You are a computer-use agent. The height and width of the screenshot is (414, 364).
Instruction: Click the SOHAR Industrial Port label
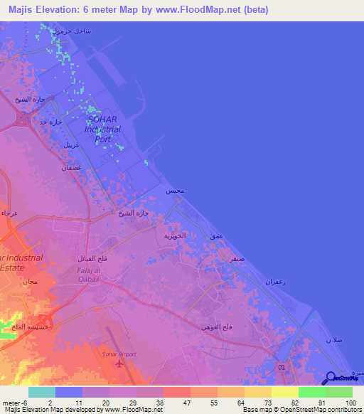point(102,129)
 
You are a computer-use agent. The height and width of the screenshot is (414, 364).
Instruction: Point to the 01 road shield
point(282,366)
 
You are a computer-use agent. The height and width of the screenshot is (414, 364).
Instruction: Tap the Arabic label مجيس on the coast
point(175,192)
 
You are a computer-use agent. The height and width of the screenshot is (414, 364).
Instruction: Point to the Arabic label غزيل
point(70,144)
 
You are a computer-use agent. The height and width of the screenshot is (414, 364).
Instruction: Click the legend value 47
point(176,402)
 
